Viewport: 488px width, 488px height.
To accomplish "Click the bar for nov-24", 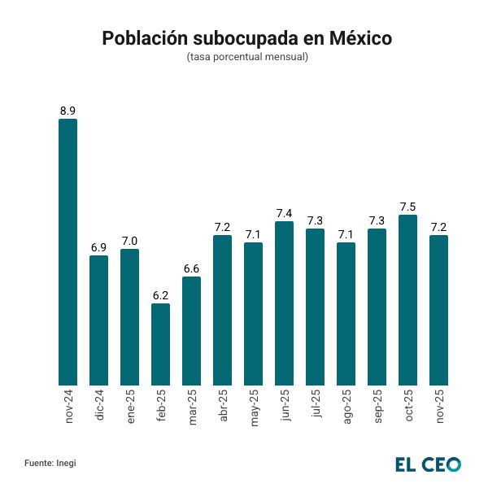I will pos(68,252).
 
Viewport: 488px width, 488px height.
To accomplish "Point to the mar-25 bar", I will pos(191,330).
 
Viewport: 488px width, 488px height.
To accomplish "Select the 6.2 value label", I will pos(160,295).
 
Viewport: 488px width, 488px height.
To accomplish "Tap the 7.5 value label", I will pos(407,206).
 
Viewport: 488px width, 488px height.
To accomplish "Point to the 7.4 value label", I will pos(284,213).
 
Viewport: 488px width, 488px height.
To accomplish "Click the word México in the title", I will pos(361,38).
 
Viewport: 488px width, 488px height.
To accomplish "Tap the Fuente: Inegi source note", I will pos(50,463).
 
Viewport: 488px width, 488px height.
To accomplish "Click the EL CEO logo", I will pos(428,464).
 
